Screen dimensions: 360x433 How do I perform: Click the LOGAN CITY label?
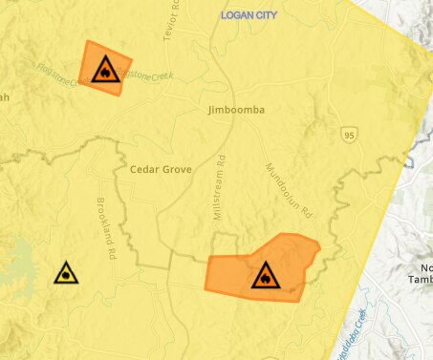[253, 16]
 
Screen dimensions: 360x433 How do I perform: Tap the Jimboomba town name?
[235, 111]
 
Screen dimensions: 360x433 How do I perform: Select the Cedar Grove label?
[161, 169]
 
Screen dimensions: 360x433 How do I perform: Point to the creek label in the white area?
[352, 329]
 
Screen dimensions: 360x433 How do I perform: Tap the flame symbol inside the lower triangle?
[265, 278]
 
